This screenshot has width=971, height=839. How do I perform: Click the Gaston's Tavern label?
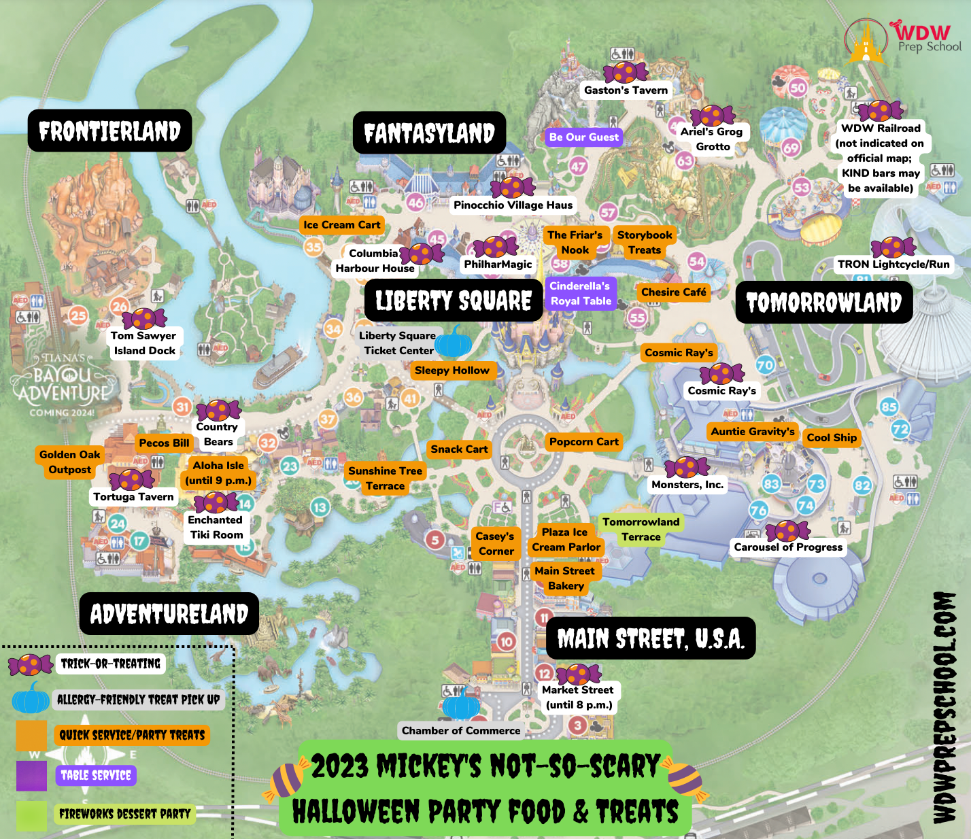tap(626, 90)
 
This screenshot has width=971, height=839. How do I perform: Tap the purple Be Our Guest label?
tap(583, 137)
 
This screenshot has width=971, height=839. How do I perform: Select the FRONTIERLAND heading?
tap(109, 131)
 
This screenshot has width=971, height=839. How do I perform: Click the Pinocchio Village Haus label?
tap(513, 205)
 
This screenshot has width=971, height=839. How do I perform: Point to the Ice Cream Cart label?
tap(342, 225)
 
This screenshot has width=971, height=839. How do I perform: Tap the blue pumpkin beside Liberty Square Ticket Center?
tap(453, 342)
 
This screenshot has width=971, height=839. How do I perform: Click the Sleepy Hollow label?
tap(452, 371)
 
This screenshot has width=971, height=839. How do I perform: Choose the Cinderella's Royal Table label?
tap(580, 294)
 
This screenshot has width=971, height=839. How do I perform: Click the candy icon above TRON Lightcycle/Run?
tap(893, 247)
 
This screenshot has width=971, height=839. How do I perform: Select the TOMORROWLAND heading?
tap(823, 303)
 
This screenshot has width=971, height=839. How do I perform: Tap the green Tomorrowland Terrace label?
tap(641, 530)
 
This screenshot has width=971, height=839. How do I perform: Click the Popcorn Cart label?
tap(583, 442)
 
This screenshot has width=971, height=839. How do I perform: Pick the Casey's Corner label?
tap(495, 544)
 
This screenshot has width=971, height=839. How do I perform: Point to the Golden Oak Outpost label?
tap(69, 462)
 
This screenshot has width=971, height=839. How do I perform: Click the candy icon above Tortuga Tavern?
tap(132, 480)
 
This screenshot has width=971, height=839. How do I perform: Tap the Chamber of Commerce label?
tap(460, 731)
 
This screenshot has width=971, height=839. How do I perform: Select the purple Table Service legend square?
tap(31, 776)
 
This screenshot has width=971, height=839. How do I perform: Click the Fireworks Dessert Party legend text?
tap(124, 814)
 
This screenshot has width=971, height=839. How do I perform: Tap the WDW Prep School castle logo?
tap(866, 41)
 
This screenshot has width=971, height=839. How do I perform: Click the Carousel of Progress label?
tap(788, 547)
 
